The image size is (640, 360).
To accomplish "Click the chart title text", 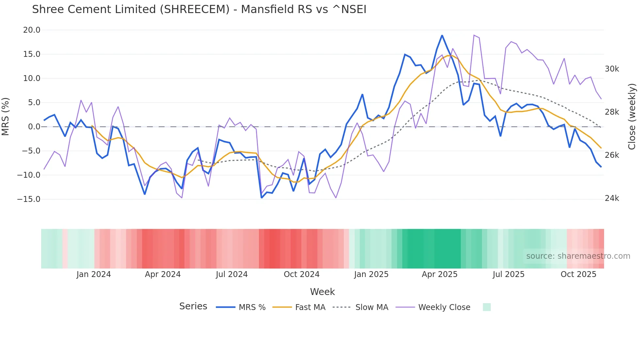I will click(199, 9).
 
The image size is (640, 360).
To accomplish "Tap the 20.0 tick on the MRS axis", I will click(32, 30).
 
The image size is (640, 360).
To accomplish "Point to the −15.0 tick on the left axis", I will click(29, 199).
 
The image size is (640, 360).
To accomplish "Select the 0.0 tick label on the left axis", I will click(34, 127).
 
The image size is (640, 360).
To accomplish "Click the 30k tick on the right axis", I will click(612, 69).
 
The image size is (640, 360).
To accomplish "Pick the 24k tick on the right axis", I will click(612, 198).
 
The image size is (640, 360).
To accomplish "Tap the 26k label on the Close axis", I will click(612, 155).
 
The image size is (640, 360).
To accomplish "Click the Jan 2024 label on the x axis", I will click(94, 274).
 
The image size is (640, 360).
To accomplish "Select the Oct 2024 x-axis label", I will click(301, 274).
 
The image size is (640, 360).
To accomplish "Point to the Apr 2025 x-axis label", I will click(440, 274).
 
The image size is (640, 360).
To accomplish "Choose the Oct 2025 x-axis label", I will click(578, 274).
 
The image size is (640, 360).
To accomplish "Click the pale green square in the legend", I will click(487, 307).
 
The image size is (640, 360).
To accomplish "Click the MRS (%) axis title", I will click(6, 116).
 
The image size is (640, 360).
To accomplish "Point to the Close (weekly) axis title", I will click(632, 116).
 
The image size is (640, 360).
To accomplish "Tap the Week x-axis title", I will click(322, 292).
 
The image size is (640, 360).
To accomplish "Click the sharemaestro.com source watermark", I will click(578, 256).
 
